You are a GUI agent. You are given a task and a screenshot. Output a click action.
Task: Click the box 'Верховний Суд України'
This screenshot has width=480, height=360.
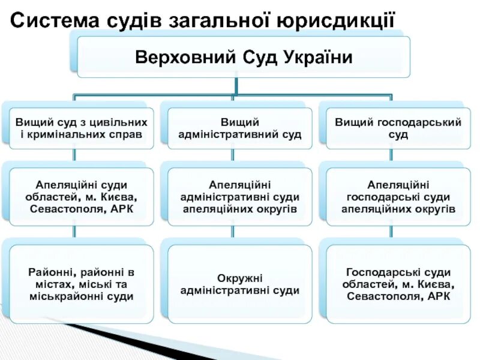pos(243,57)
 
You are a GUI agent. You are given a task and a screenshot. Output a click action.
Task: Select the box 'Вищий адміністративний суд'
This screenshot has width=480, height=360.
pos(239,128)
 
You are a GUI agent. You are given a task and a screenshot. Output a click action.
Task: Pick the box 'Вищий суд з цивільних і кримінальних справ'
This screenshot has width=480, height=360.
pos(81,128)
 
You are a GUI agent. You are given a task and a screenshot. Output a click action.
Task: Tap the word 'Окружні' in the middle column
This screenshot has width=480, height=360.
pos(239,278)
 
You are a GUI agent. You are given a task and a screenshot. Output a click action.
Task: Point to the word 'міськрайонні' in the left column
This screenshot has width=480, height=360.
pos(58,296)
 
